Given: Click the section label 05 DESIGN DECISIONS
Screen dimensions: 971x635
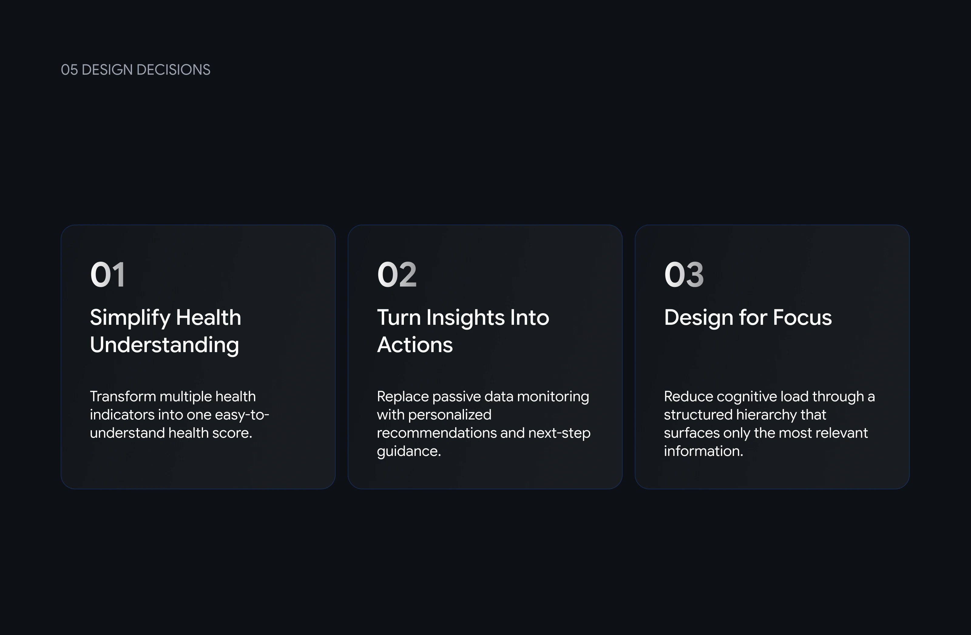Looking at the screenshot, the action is (x=135, y=70).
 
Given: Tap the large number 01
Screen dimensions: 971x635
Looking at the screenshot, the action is (x=107, y=275).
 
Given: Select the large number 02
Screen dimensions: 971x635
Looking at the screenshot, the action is (x=397, y=275).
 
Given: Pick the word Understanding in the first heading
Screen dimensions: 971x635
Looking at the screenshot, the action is (x=164, y=345).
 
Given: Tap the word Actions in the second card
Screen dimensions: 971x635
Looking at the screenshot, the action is (x=415, y=345).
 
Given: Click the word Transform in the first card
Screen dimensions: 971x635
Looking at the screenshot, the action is (x=123, y=396).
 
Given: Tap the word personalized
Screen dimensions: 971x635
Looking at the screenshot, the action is (x=450, y=415).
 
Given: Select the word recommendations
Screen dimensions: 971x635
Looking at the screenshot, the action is (x=437, y=433).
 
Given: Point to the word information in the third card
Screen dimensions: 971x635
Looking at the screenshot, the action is (x=703, y=451).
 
